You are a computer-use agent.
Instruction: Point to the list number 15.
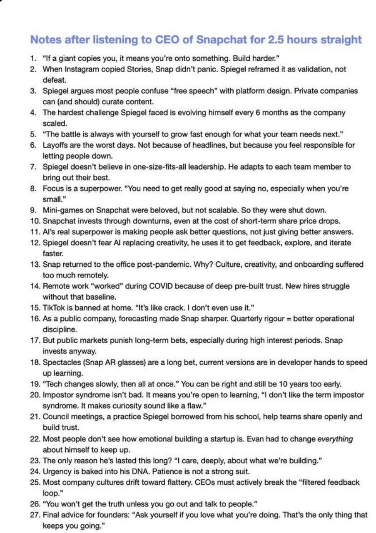tap(35, 308)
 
